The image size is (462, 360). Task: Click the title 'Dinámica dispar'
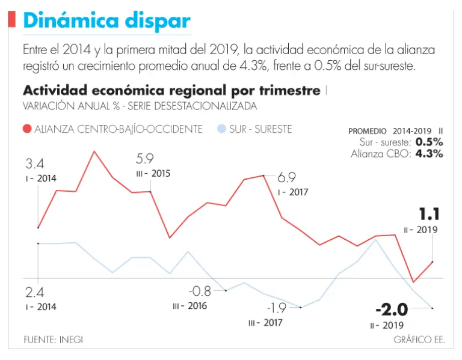[106, 22]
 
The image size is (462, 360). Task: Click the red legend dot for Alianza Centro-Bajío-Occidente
[27, 129]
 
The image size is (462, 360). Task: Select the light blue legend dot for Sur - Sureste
[222, 129]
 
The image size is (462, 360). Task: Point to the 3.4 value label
[34, 164]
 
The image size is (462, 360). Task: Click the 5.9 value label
[146, 159]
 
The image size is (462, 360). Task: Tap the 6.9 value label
[287, 178]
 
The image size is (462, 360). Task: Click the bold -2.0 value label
[392, 310]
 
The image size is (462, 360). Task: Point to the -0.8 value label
[200, 291]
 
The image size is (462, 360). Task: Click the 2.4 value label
[35, 293]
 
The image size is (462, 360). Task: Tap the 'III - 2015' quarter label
[153, 174]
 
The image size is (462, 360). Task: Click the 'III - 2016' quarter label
[189, 306]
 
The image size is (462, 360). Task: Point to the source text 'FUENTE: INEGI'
[53, 340]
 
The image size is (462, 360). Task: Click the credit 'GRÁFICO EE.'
[419, 340]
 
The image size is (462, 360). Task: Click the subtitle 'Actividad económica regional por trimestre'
[171, 91]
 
